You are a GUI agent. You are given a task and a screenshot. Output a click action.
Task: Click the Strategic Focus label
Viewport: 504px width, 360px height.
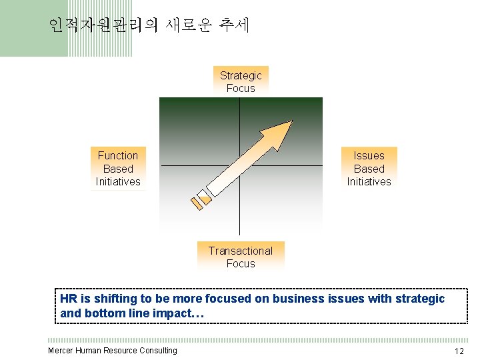pos(241,81)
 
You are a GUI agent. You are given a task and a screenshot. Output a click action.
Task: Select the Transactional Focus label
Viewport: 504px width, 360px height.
pos(241,257)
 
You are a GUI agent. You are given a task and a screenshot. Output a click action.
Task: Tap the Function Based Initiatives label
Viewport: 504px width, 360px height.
pos(118,168)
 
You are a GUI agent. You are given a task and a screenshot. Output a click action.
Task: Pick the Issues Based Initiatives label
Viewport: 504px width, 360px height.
pos(369,168)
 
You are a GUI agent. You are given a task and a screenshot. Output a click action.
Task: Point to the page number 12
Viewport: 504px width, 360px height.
pos(459,351)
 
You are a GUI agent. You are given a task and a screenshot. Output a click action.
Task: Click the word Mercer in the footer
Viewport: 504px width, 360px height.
pos(61,351)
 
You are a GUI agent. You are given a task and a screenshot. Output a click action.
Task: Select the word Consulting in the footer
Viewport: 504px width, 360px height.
pos(158,351)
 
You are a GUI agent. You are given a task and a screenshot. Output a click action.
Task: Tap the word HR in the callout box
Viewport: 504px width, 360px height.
pos(68,299)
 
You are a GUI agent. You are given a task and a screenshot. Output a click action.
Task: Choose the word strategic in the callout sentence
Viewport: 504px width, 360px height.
pos(420,299)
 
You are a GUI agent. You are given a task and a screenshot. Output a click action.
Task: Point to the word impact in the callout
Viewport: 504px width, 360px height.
pos(185,312)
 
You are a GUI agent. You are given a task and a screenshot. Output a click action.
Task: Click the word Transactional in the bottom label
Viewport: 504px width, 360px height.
pos(241,251)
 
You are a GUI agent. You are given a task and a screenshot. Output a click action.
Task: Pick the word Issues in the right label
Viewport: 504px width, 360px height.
pos(369,155)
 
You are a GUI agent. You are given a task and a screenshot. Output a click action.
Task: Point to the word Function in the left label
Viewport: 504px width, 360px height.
pos(118,155)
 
